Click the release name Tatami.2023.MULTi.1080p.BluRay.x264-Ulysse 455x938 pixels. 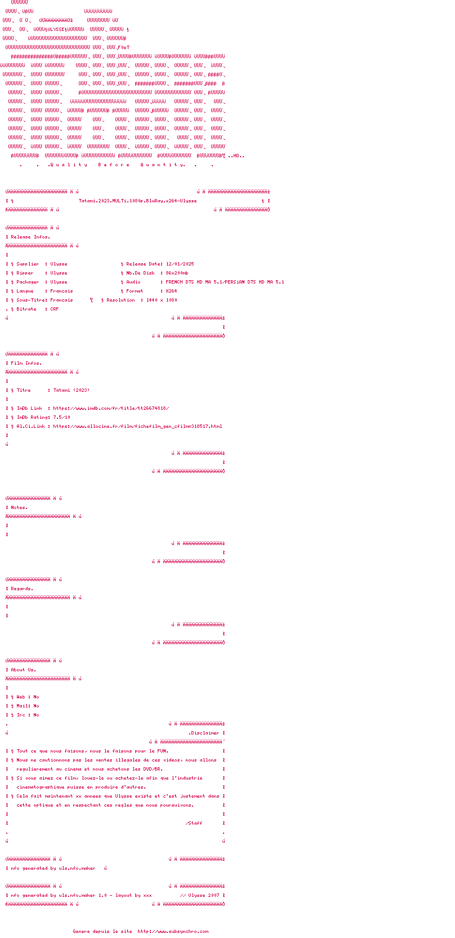(137, 201)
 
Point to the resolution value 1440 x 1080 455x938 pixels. (162, 300)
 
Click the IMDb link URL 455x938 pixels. (111, 408)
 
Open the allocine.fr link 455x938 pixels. (137, 426)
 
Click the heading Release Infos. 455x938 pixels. (30, 237)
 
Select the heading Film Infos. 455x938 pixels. (26, 363)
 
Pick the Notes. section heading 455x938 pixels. (19, 507)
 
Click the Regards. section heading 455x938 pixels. (22, 589)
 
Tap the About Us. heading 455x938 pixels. (24, 670)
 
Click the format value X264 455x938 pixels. (171, 291)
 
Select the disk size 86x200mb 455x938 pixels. (177, 273)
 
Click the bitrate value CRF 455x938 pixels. (55, 309)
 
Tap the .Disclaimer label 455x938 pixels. (204, 733)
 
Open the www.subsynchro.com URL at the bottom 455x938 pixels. (173, 931)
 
